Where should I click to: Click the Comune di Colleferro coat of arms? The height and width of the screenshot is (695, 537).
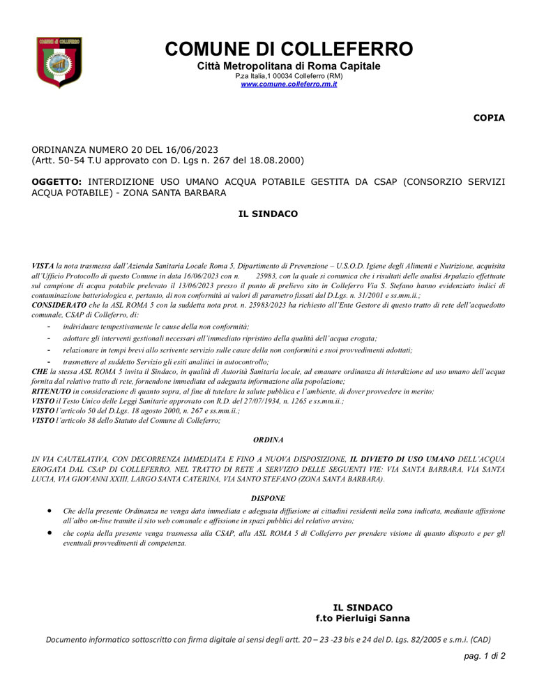59,62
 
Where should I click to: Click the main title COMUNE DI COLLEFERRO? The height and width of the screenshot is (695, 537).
289,50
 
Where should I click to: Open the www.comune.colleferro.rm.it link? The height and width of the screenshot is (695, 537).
289,84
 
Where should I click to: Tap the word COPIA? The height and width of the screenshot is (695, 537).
489,118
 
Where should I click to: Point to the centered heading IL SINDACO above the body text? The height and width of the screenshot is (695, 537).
268,214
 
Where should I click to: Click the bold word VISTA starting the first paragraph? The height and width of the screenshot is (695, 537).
43,267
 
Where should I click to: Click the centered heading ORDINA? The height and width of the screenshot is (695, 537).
268,440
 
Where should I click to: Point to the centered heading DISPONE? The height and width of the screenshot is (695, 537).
268,498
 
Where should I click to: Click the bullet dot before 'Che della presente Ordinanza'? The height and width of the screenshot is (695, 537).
49,511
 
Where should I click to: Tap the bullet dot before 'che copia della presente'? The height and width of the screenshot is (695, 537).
49,532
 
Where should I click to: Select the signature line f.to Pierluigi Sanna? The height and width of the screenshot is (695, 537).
363,618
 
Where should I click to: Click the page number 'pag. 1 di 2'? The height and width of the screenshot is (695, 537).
485,657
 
